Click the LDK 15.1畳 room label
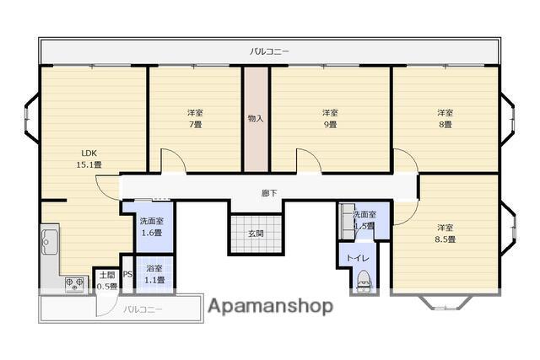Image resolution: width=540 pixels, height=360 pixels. coord(89,159)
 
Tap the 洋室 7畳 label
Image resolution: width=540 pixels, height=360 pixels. coord(195,118)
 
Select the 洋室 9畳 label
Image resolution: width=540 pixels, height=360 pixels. coord(330,118)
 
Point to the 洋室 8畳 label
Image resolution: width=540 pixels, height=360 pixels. coord(445,118)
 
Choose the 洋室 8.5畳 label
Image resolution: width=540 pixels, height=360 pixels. coord(445,234)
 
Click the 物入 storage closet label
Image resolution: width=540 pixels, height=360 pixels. coord(256,119)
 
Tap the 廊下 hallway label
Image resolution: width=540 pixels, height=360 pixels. coord(269,193)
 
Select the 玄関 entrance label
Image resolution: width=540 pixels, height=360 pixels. coord(256,234)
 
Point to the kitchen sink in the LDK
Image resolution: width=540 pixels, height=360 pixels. coord(50,242)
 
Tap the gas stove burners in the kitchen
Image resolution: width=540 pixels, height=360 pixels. coord(75,284)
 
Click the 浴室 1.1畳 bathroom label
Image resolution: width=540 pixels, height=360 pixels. coord(154,274)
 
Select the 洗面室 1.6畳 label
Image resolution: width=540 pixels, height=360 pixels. coord(152,227)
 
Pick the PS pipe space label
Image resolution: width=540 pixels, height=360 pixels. coord(127,274)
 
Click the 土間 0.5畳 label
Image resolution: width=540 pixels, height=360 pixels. coord(107,281)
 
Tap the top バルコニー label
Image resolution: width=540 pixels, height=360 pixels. coord(270,51)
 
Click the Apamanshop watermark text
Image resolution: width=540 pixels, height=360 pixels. coord(270,306)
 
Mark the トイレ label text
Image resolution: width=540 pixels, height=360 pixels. coord(358,258)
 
